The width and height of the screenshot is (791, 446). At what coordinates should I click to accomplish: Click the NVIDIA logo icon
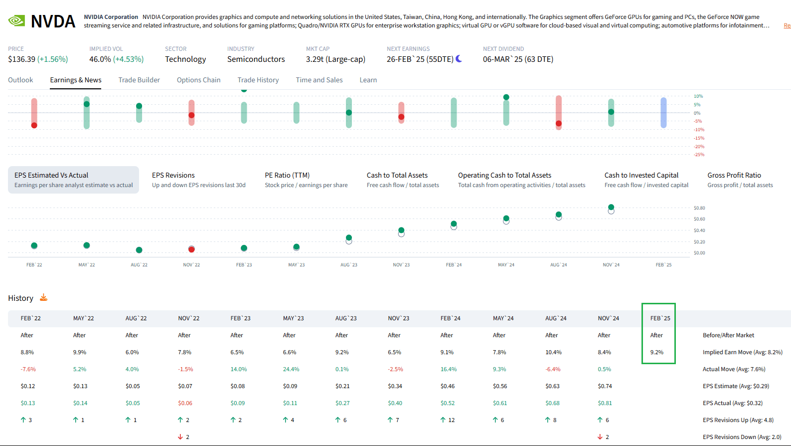point(16,20)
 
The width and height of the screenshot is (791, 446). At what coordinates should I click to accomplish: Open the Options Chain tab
point(198,80)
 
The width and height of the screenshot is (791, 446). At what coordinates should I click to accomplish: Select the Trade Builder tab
point(139,80)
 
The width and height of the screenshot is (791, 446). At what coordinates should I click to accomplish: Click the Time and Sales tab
point(319,80)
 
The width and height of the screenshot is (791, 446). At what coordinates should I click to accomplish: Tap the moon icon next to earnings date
point(459,59)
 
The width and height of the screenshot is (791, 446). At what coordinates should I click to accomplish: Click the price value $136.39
point(21,59)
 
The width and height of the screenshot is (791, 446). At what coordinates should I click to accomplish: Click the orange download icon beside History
point(44,298)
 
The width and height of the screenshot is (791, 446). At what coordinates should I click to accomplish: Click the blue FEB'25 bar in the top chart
point(663,113)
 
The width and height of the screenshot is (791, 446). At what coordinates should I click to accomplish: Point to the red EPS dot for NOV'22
point(191,249)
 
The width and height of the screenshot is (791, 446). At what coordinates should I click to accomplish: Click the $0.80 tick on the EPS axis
point(699,208)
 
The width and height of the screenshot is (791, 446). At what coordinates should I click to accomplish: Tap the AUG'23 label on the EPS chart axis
point(348,265)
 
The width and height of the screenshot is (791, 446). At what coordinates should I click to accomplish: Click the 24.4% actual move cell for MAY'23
point(291,369)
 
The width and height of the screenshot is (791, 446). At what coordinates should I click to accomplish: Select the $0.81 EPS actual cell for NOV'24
point(605,403)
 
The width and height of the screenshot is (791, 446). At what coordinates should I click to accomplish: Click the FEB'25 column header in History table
point(660,318)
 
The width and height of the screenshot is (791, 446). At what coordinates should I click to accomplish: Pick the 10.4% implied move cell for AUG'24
point(553,352)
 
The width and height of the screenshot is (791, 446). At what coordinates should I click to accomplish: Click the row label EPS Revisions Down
point(742,437)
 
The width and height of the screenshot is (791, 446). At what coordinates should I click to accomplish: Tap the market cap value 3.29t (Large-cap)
point(335,59)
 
